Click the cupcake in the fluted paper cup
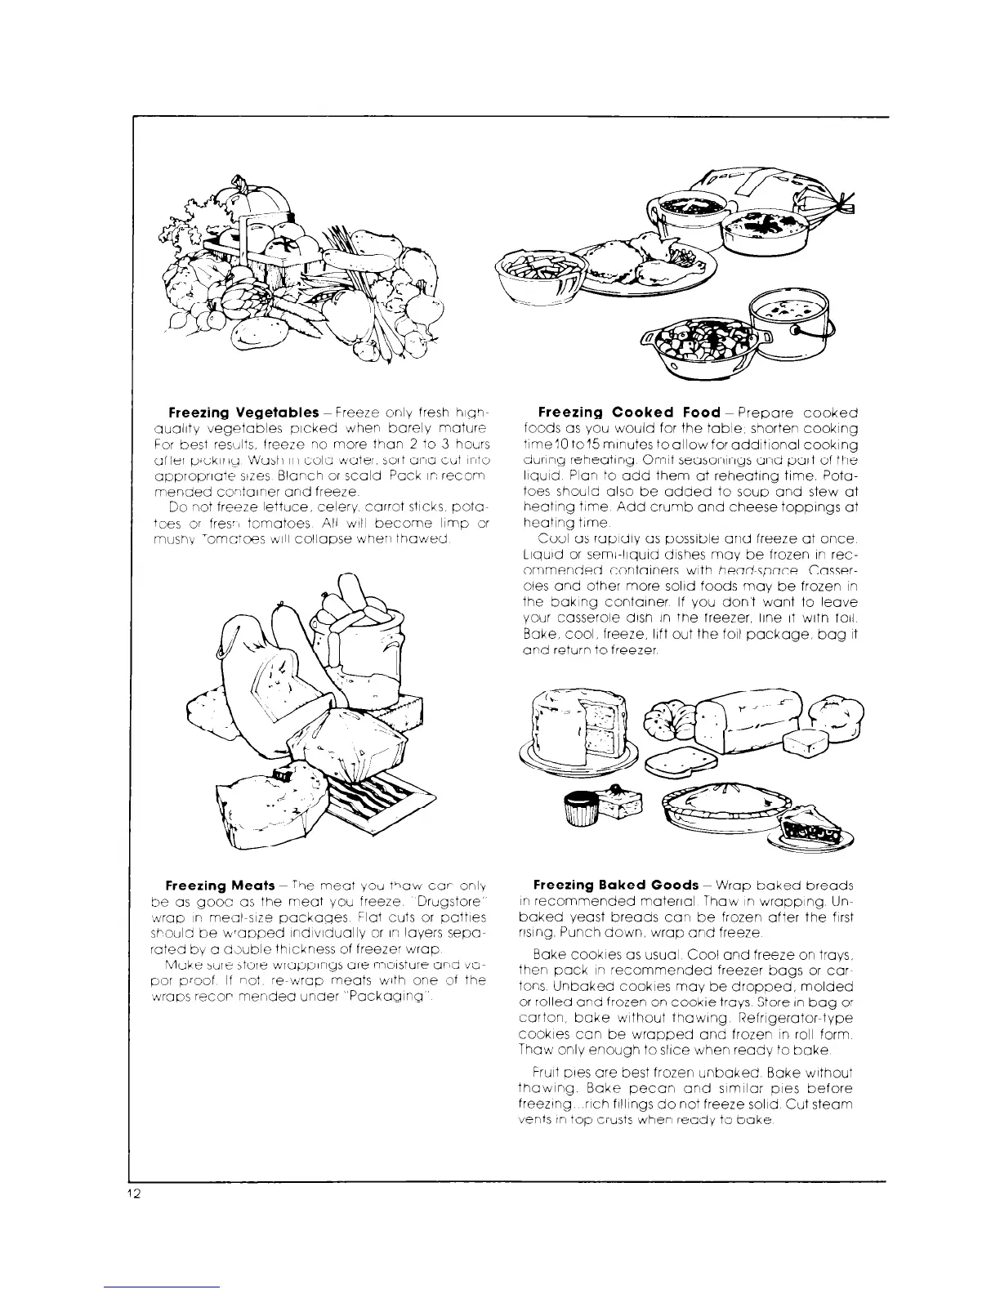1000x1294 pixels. pos(578,806)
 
